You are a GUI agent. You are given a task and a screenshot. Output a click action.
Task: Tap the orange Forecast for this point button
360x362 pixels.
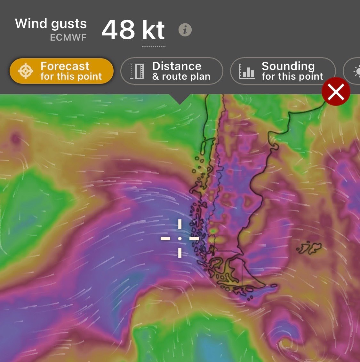[x=61, y=71]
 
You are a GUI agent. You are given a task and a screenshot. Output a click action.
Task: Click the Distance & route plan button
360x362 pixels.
[x=172, y=71]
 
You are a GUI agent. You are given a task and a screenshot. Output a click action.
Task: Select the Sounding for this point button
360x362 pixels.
[x=283, y=71]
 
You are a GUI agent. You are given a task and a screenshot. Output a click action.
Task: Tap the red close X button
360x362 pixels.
[x=336, y=92]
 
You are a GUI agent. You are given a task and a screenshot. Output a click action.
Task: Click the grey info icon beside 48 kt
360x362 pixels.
[x=185, y=30]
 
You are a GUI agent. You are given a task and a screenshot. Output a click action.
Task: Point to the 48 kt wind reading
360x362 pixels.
[x=133, y=30]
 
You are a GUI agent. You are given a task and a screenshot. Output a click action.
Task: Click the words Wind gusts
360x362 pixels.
[x=51, y=24]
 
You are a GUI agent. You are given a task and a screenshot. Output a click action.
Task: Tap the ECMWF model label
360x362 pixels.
[x=68, y=38]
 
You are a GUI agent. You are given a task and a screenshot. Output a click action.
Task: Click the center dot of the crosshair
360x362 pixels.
[x=180, y=239]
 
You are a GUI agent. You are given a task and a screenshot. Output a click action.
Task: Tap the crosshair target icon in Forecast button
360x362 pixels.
[x=26, y=71]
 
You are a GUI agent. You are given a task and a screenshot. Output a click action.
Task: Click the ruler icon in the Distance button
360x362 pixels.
[x=137, y=71]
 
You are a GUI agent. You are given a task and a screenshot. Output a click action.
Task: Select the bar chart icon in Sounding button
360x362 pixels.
[x=247, y=71]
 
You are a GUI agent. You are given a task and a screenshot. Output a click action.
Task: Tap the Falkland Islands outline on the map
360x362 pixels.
[x=309, y=248]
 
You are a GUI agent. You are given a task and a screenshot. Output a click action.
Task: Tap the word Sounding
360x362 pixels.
[x=288, y=66]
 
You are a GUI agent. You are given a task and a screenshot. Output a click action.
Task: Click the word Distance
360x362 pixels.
[x=177, y=66]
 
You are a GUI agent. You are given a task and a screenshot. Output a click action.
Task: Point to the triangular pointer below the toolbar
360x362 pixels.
[x=180, y=99]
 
